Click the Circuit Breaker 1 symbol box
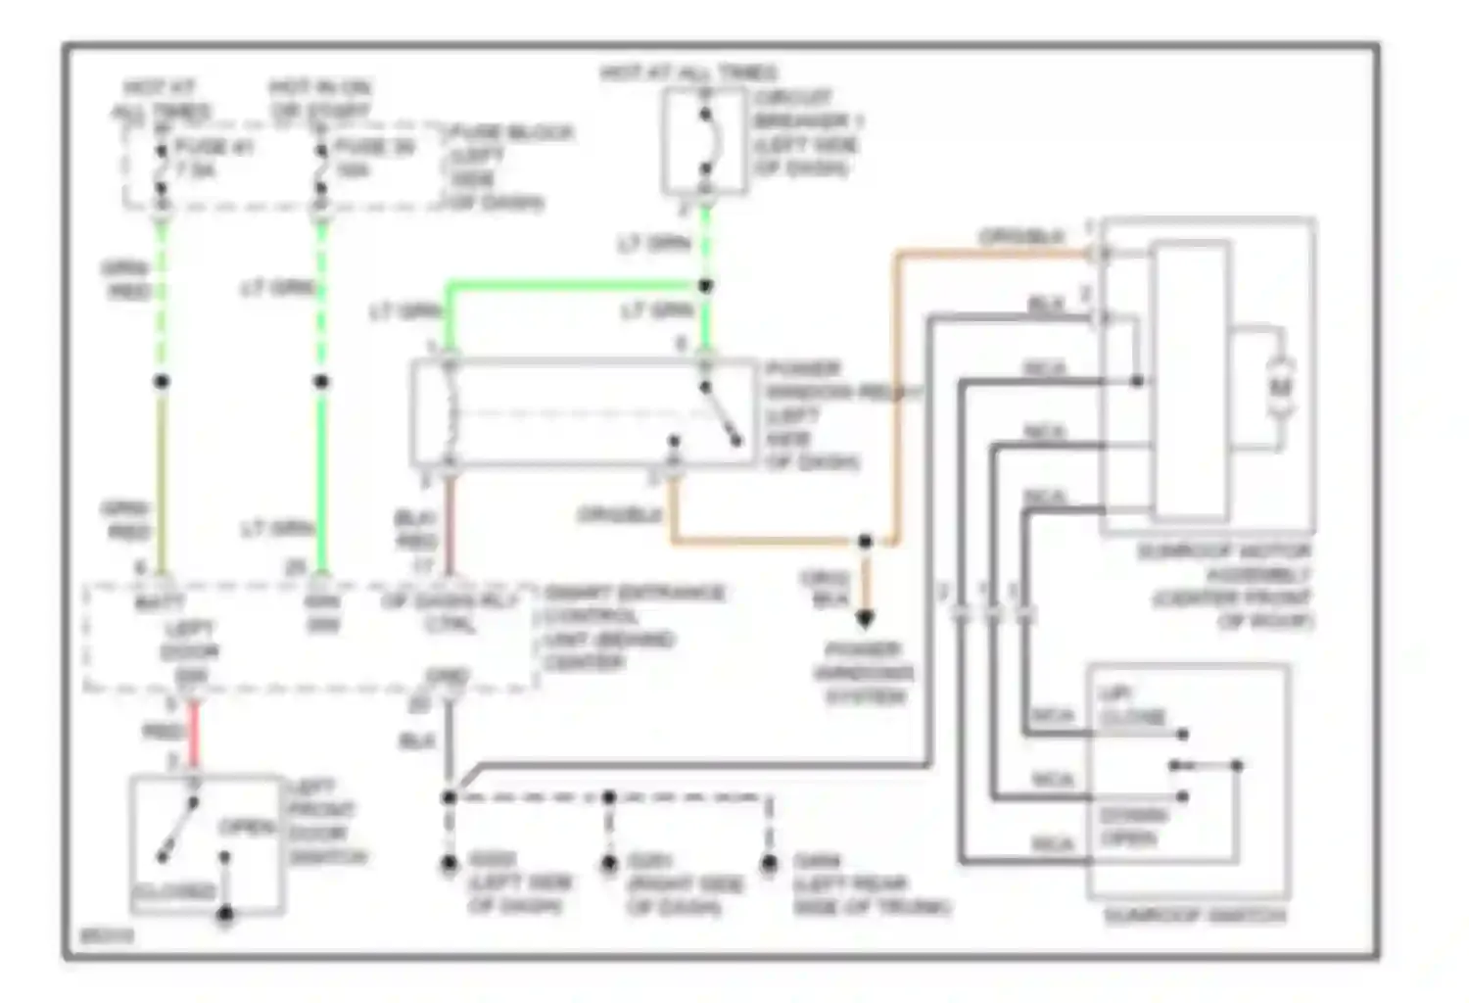(x=703, y=141)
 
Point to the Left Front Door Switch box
(x=207, y=845)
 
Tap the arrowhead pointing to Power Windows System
(x=865, y=618)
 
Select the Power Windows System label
(x=864, y=673)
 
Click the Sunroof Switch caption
(x=1194, y=916)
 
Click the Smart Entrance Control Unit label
(x=632, y=628)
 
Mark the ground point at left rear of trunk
(x=770, y=863)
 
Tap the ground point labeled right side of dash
(x=609, y=863)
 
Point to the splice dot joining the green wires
(x=705, y=286)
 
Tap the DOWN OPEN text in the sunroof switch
(x=1132, y=827)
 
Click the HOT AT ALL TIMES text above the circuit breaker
(x=688, y=72)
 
